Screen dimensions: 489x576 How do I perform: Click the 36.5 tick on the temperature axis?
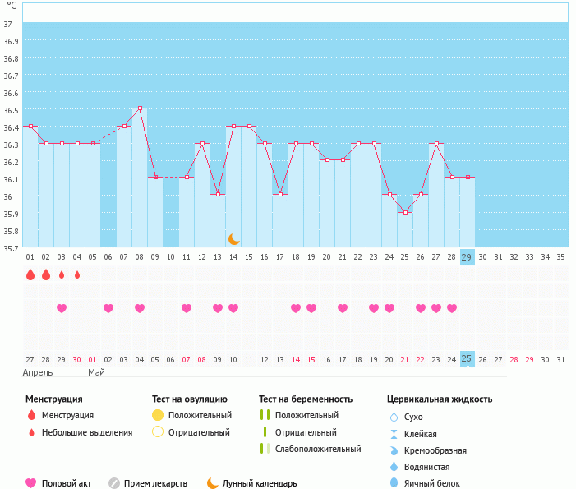[12, 110]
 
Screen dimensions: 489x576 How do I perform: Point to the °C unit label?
[11, 6]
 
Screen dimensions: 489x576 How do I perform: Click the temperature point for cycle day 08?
[140, 108]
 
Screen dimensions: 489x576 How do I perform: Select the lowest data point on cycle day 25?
[405, 213]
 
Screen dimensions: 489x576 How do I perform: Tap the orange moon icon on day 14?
[233, 238]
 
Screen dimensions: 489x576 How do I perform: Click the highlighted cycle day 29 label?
[467, 257]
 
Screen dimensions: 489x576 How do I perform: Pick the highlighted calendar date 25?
[467, 359]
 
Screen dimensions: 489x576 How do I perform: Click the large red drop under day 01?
[30, 274]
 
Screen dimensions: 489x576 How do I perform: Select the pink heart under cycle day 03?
[62, 308]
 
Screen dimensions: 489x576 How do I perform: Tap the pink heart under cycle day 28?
[451, 308]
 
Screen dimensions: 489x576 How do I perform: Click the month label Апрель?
[39, 372]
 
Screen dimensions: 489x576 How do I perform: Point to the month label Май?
[96, 372]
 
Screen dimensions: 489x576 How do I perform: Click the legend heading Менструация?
[54, 399]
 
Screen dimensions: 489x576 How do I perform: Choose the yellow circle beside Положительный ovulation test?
[158, 415]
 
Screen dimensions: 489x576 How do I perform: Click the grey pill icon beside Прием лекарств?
[114, 483]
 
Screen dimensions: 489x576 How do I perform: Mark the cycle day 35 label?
[560, 257]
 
